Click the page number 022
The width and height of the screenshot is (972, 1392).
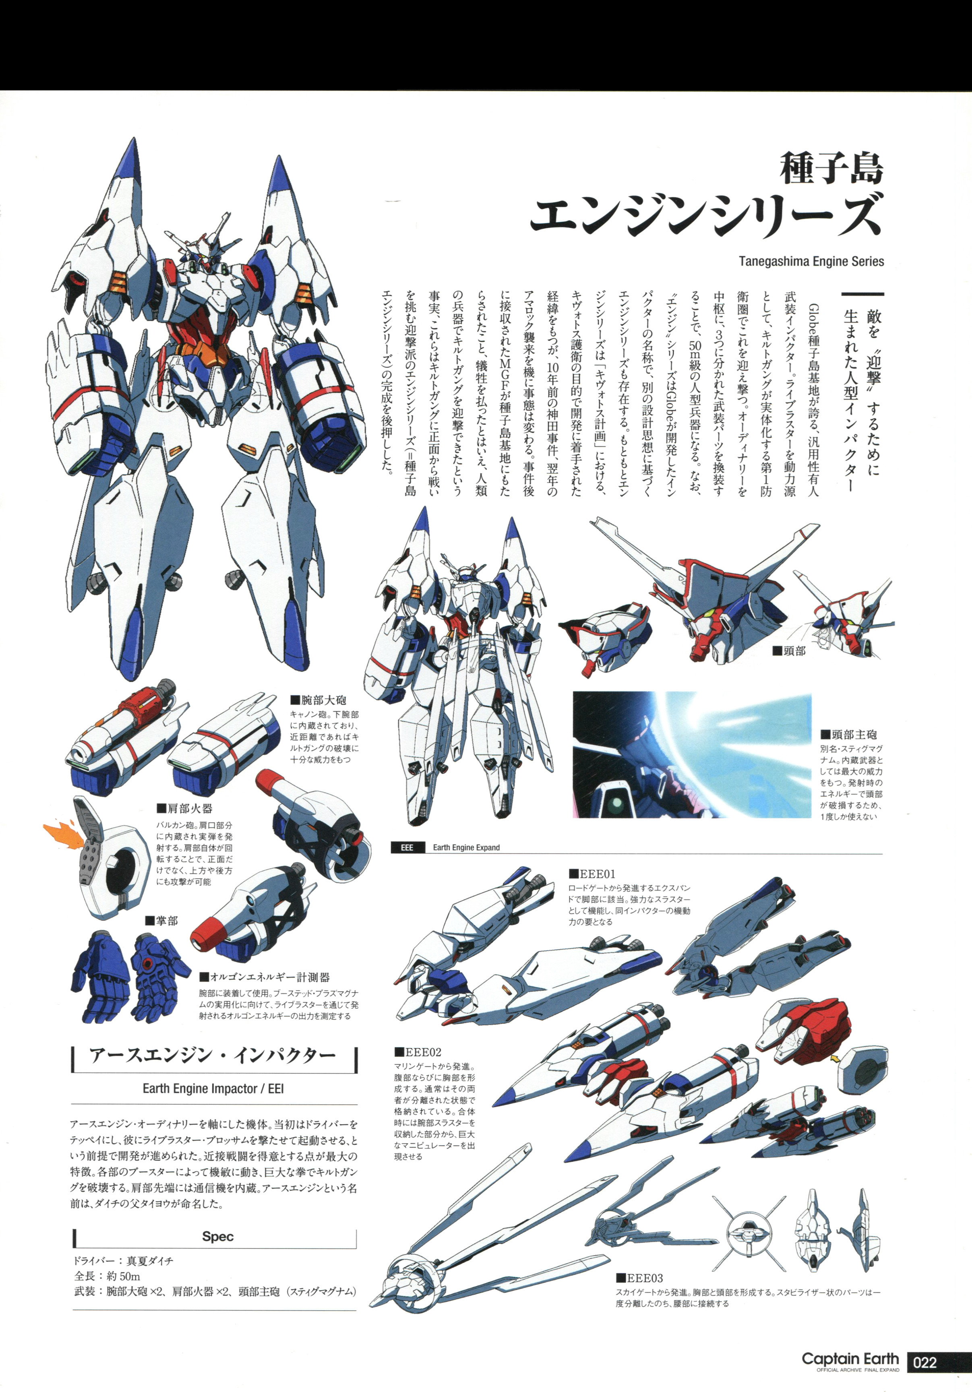point(925,1362)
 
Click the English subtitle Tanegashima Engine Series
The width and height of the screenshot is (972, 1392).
point(811,261)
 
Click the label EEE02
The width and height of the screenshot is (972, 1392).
point(418,1051)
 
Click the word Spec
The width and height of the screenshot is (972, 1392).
point(218,1236)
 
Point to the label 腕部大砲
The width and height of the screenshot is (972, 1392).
point(318,700)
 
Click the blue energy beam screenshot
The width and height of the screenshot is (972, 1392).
point(692,754)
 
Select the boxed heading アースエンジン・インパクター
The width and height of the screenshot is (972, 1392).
point(213,1055)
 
